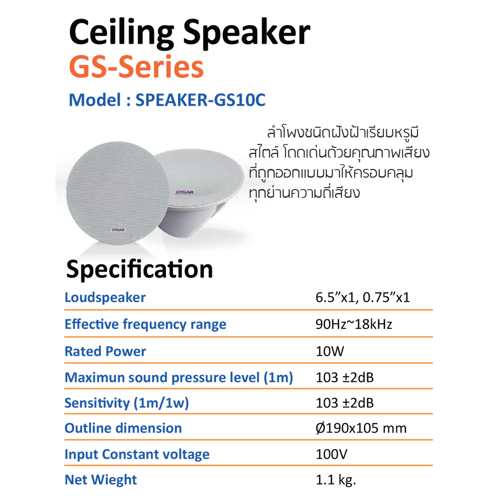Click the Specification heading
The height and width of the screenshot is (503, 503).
[139, 269]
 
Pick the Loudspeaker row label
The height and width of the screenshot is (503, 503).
[105, 297]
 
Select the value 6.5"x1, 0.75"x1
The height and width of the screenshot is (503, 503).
[363, 297]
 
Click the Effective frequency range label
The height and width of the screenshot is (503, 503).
[145, 324]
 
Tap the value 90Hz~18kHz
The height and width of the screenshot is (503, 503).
[354, 324]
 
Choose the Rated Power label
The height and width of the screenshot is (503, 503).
[105, 351]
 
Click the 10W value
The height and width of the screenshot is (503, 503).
[330, 351]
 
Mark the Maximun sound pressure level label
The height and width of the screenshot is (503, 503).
[179, 377]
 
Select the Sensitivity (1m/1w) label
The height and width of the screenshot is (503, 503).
[127, 403]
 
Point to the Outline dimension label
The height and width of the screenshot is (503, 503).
[123, 428]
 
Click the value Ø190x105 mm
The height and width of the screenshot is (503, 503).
[361, 429]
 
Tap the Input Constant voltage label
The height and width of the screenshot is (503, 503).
[137, 454]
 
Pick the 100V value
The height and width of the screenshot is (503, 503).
[331, 454]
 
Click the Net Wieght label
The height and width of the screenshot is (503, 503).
[101, 480]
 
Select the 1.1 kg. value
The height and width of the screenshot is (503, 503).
[336, 480]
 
